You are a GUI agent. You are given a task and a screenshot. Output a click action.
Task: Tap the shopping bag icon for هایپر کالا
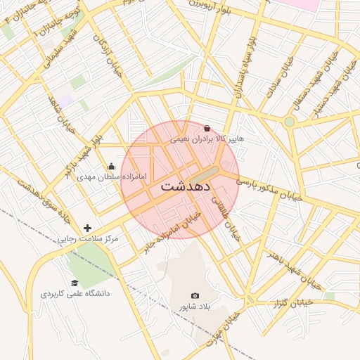pos(206,129)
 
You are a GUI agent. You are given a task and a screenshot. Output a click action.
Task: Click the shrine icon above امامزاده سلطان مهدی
pos(111,167)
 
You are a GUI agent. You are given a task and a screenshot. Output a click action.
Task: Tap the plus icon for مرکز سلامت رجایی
pos(88,228)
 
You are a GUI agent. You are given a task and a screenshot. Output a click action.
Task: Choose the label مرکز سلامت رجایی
pos(88,239)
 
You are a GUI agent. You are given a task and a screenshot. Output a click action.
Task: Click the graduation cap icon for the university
pos(75,282)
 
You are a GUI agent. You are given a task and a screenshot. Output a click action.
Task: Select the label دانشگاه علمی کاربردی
pos(75,292)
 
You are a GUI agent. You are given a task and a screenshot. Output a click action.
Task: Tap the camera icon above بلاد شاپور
pos(195,296)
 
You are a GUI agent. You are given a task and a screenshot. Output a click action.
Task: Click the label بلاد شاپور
pos(195,307)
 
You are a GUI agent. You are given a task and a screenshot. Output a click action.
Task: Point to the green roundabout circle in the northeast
pos(289,122)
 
